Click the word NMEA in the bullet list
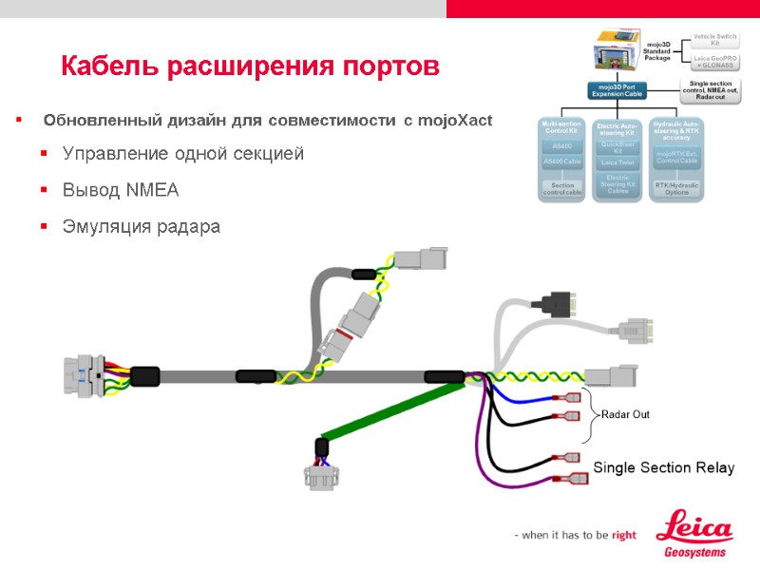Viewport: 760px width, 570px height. click(x=151, y=190)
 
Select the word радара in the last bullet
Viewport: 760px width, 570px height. click(x=186, y=227)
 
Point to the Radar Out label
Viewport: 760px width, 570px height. click(x=625, y=415)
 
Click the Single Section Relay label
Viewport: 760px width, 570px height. click(x=663, y=467)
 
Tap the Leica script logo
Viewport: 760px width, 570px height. click(x=695, y=528)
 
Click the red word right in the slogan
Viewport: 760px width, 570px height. click(x=624, y=536)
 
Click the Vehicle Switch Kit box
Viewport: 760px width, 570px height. click(x=714, y=40)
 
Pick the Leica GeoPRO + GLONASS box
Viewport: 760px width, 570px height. click(x=714, y=63)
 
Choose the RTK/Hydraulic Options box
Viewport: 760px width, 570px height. click(x=677, y=188)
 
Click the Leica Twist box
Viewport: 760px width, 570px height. click(x=617, y=163)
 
